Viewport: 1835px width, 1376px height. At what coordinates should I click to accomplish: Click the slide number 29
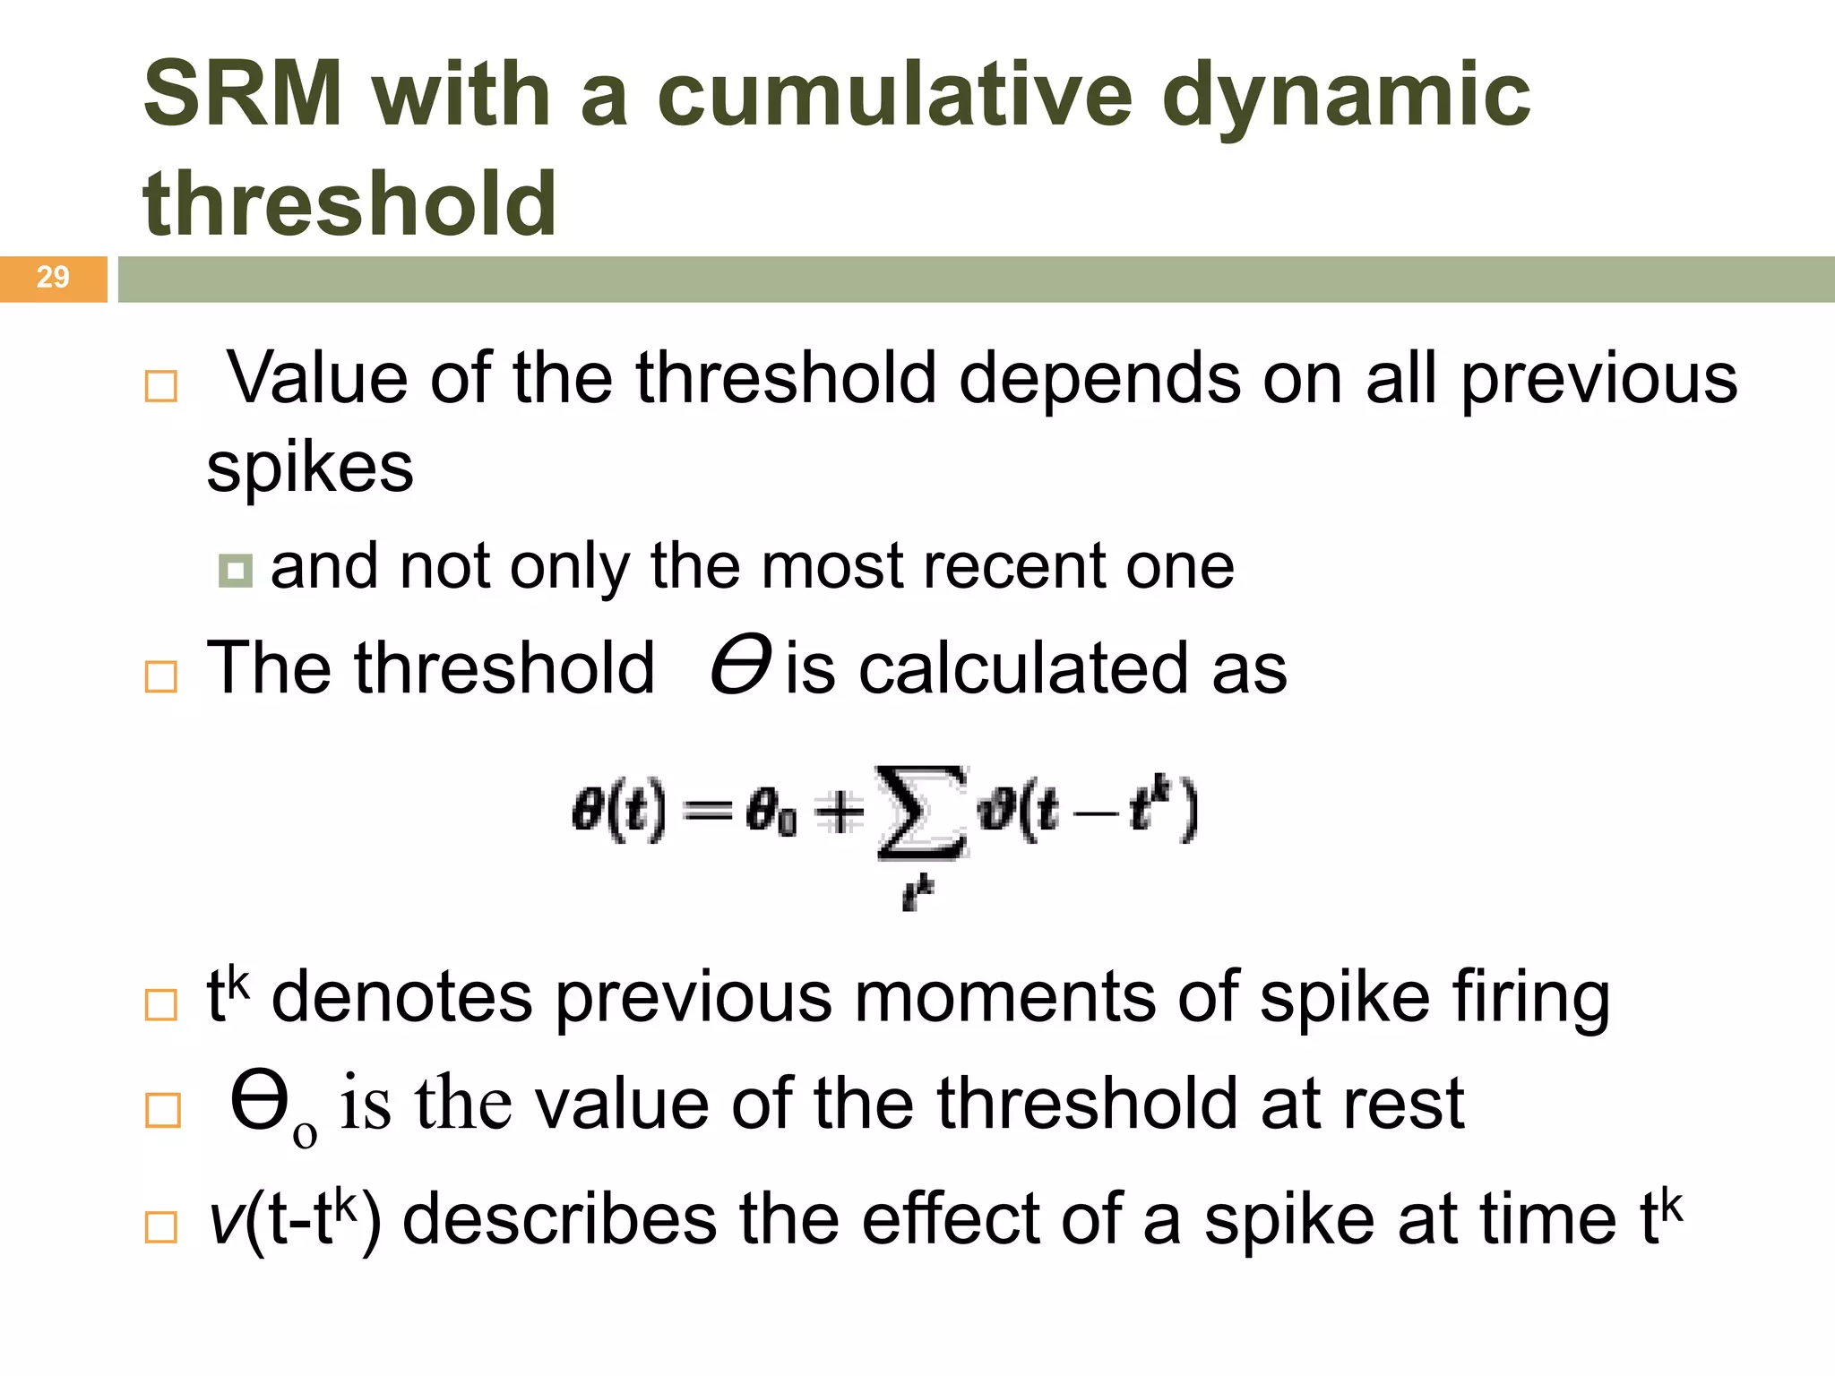click(x=53, y=277)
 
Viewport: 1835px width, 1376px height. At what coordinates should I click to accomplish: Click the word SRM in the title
click(x=243, y=94)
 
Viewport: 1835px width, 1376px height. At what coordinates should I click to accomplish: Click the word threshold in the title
click(x=349, y=203)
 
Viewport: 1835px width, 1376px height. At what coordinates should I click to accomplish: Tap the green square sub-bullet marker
click(x=235, y=570)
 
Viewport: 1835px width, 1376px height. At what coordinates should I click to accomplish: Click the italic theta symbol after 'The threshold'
click(x=740, y=665)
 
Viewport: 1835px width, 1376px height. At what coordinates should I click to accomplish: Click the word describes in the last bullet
click(x=560, y=1219)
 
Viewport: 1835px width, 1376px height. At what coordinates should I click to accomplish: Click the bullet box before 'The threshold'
click(x=161, y=676)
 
